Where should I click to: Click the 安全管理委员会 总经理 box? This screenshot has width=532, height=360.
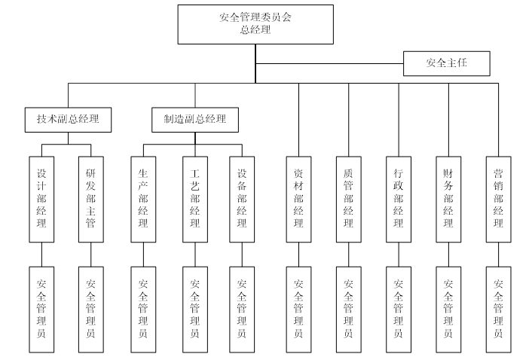pyautogui.click(x=255, y=24)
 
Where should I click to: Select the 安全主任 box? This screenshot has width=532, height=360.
pyautogui.click(x=446, y=63)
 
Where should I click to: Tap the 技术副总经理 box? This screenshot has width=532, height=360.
pyautogui.click(x=68, y=119)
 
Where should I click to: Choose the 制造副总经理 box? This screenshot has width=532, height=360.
pyautogui.click(x=194, y=119)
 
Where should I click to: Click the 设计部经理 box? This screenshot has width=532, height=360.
pyautogui.click(x=41, y=199)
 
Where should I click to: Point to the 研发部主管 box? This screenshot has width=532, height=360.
pyautogui.click(x=90, y=199)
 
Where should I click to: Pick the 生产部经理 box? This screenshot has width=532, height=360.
pyautogui.click(x=143, y=199)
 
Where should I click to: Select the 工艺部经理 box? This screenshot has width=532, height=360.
pyautogui.click(x=194, y=199)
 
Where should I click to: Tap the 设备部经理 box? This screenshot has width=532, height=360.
pyautogui.click(x=242, y=199)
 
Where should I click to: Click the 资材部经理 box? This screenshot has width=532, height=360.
pyautogui.click(x=298, y=199)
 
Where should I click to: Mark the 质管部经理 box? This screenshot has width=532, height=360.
pyautogui.click(x=348, y=199)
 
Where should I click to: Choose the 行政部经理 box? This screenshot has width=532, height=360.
pyautogui.click(x=398, y=199)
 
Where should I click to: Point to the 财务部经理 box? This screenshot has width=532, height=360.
pyautogui.click(x=448, y=199)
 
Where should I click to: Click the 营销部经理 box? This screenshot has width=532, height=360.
pyautogui.click(x=498, y=199)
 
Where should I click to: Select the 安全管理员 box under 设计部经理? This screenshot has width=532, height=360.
pyautogui.click(x=41, y=309)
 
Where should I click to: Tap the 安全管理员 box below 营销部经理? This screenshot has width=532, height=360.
pyautogui.click(x=498, y=309)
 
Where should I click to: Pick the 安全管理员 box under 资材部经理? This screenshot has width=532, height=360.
pyautogui.click(x=298, y=309)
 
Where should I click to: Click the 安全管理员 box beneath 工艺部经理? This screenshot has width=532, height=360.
pyautogui.click(x=194, y=309)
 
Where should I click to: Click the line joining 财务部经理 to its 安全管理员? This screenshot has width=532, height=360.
pyautogui.click(x=448, y=255)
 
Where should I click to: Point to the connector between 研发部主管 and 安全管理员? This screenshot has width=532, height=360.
pyautogui.click(x=90, y=255)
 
